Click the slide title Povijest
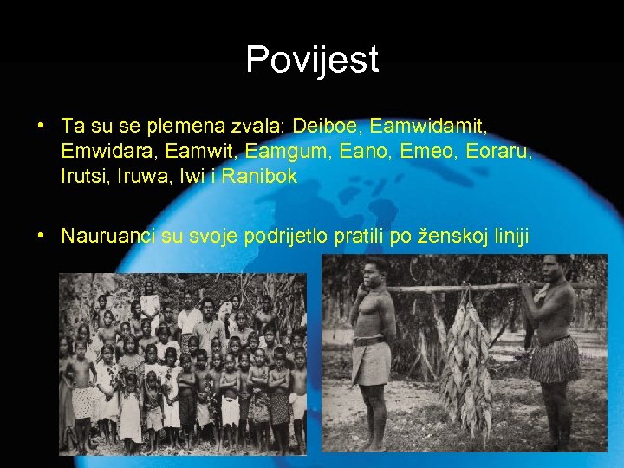click(312, 59)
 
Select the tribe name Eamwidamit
click(428, 127)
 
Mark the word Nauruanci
click(109, 236)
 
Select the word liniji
click(510, 236)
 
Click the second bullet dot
click(42, 236)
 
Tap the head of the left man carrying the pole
click(375, 271)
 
